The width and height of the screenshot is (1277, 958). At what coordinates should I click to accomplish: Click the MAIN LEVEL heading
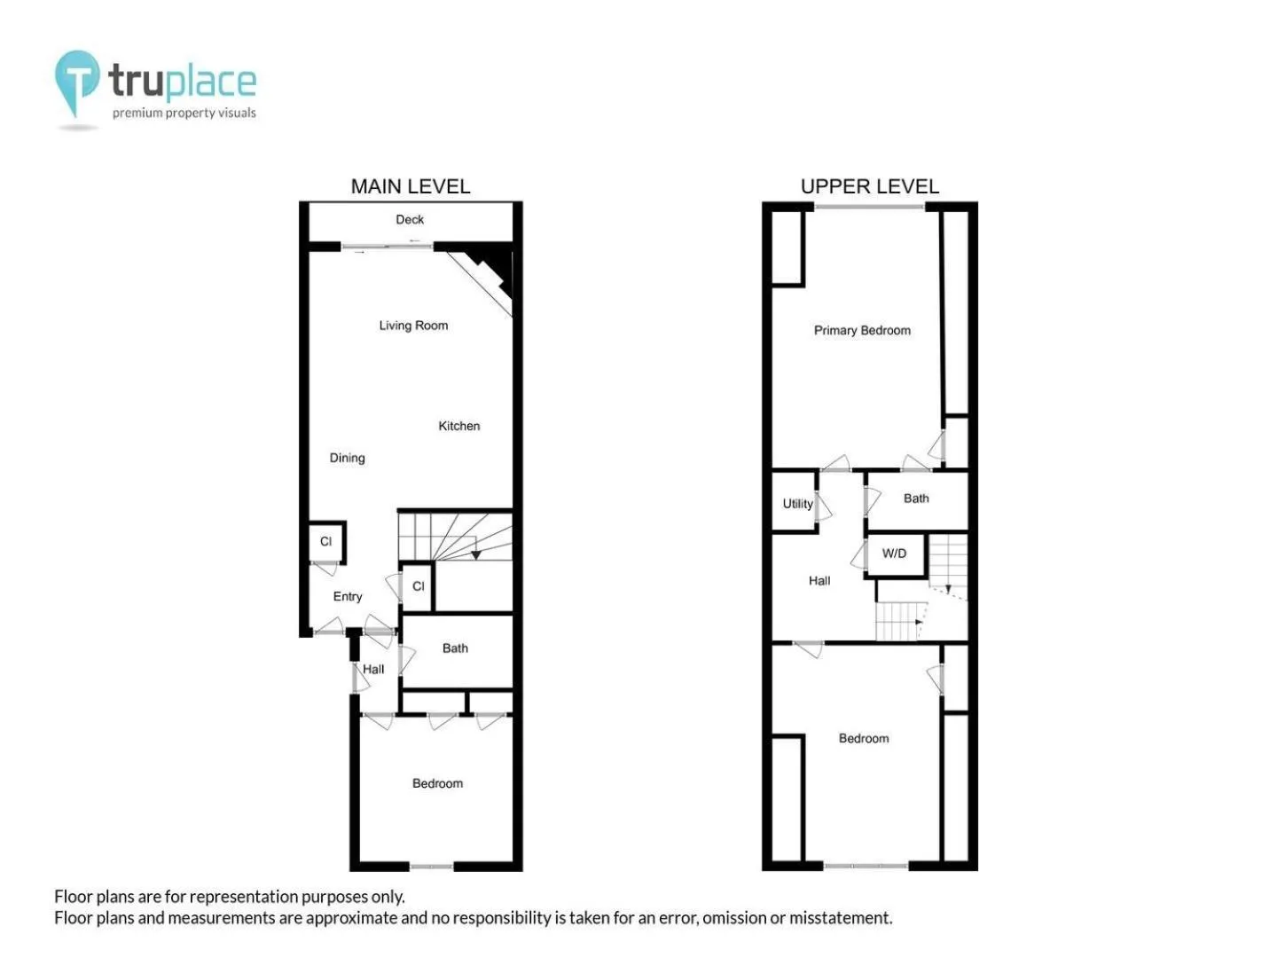411,186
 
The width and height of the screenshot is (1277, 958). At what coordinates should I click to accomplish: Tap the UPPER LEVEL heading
869,186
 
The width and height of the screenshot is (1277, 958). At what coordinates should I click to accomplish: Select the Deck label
410,219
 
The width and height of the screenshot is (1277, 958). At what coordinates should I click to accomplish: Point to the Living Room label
413,326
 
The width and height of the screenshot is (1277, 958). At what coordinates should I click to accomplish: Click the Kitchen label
459,426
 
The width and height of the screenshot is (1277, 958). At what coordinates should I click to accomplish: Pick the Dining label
348,459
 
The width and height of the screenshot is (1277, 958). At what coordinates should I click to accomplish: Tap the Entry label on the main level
348,597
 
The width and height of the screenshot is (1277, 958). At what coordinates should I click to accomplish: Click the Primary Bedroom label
862,330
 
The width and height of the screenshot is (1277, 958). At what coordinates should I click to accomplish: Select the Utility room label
797,504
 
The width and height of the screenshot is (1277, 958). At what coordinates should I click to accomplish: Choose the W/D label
894,554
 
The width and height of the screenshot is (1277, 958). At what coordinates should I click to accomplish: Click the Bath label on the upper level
916,499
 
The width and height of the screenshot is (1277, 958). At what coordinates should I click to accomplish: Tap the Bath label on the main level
455,648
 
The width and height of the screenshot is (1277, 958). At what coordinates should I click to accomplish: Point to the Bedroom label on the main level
437,783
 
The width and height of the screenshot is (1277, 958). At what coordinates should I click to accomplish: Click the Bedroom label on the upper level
864,739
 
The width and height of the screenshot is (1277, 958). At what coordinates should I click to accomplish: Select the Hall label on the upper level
819,580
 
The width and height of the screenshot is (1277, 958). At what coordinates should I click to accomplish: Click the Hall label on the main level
373,670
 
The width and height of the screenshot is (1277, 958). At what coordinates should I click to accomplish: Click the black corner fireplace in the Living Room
493,264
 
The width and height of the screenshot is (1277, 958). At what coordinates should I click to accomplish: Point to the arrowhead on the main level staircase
476,555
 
